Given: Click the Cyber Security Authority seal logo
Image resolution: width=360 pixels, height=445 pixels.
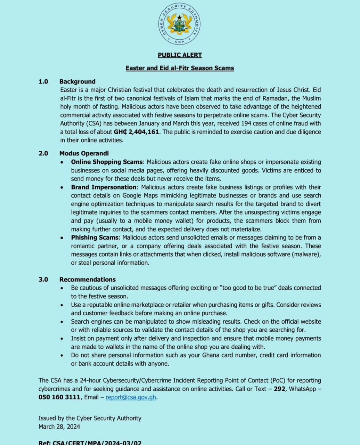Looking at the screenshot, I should coord(180,24).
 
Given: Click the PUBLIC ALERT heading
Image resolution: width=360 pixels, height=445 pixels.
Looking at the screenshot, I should coord(180,55).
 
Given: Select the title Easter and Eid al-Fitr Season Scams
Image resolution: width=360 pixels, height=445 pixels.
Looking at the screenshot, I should coord(180,68).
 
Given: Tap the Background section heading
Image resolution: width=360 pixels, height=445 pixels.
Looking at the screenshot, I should coord(77,82).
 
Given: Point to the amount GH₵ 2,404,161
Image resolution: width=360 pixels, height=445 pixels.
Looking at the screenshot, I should coord(137,132).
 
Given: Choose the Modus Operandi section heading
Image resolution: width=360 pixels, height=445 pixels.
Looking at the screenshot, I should coord(84,153).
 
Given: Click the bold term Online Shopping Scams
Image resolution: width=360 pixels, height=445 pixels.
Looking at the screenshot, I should coord(107,162).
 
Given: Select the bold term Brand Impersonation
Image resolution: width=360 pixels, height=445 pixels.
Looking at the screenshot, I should coord(104,187).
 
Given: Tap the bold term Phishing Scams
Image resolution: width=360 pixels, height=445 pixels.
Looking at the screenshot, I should coord(95,238).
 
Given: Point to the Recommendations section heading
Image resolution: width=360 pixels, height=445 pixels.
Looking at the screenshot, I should coord(87,280).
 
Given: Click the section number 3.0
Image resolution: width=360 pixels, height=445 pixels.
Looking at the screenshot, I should coord(43,280).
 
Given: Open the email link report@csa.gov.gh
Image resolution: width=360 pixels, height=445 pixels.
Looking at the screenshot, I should coord(131,397).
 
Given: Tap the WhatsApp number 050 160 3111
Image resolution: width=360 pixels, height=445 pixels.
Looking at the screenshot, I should coord(59,397).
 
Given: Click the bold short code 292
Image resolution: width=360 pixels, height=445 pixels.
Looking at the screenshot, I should coord(279,389).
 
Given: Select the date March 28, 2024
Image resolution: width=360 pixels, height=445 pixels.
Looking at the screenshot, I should coord(59,427).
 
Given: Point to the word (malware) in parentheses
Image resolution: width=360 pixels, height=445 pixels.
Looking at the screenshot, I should coord(306,254).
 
